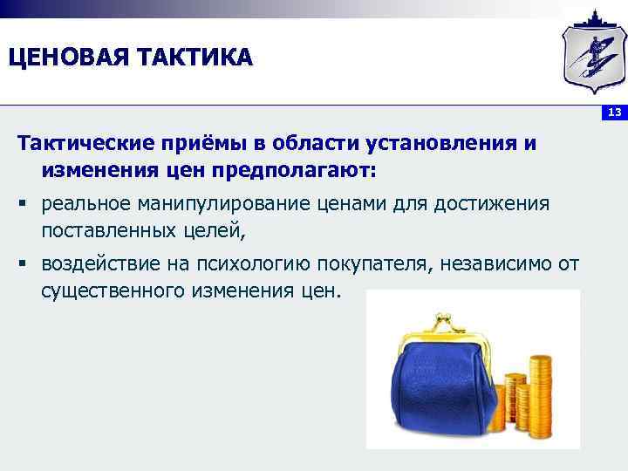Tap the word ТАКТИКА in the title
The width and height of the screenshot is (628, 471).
tap(193, 58)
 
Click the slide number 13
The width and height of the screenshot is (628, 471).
tap(614, 113)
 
